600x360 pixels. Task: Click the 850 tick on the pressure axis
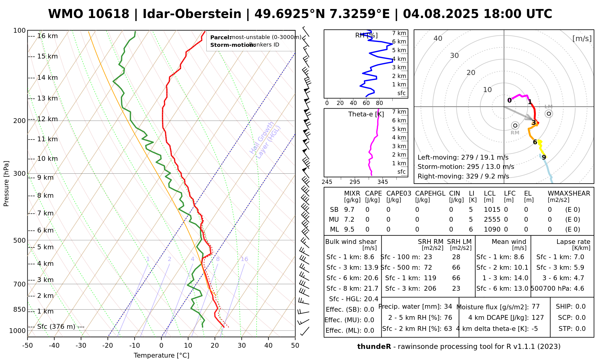(20, 309)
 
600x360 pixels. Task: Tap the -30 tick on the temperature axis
(81, 346)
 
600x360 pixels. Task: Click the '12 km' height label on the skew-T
(47, 119)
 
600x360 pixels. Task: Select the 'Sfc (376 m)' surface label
(56, 327)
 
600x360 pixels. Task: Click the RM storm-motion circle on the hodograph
(515, 125)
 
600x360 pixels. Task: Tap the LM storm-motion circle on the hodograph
(549, 113)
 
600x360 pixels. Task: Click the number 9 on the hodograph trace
(544, 157)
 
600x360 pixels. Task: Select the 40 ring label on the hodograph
(438, 38)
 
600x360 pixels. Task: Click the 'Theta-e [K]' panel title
(366, 114)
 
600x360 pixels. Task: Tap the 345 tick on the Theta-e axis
(382, 182)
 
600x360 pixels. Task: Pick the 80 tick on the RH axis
(379, 103)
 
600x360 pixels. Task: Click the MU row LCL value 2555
(492, 220)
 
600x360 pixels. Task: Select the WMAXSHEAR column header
(569, 193)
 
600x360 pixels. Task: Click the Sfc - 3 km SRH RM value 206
(430, 289)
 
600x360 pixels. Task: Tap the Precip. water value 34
(448, 307)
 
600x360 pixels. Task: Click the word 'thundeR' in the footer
(374, 347)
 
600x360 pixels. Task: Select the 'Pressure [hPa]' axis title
(6, 184)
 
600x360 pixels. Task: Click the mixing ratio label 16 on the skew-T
(244, 259)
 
